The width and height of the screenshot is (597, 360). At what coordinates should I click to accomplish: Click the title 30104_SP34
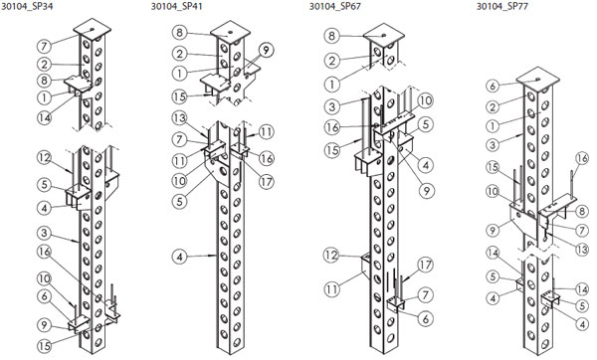click(x=27, y=6)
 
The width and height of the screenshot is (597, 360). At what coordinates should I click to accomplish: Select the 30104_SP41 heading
click(x=177, y=6)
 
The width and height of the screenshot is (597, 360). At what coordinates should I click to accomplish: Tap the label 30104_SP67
click(x=335, y=6)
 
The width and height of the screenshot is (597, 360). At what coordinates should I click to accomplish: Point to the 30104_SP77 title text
click(x=502, y=6)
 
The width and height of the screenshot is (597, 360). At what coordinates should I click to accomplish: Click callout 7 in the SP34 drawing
click(x=44, y=47)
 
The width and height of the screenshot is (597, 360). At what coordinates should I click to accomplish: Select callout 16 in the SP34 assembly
click(x=44, y=252)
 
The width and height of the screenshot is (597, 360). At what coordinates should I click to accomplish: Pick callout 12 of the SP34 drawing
click(x=44, y=157)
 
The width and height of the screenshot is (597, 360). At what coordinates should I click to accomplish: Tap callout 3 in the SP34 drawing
click(x=44, y=233)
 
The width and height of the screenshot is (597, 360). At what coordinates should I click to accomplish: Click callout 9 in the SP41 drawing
click(x=266, y=50)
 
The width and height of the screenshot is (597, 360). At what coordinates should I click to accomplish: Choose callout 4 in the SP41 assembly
click(x=179, y=257)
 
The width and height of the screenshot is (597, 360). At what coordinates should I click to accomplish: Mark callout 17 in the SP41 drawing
click(x=266, y=182)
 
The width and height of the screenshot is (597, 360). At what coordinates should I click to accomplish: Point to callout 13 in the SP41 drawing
click(x=179, y=118)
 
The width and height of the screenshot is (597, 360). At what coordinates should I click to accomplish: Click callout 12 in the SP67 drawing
click(x=331, y=255)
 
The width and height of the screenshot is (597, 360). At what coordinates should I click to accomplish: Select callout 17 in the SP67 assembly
click(x=425, y=265)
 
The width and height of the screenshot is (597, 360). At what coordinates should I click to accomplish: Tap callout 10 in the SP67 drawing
click(x=425, y=100)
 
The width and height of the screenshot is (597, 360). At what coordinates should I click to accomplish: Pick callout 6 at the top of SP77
click(x=493, y=86)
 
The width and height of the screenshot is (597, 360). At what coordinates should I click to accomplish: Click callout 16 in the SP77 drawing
click(x=582, y=158)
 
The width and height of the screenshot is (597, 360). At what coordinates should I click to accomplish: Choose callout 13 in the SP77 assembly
click(x=581, y=250)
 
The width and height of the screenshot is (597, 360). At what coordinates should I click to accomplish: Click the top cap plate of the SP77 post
click(x=538, y=80)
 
